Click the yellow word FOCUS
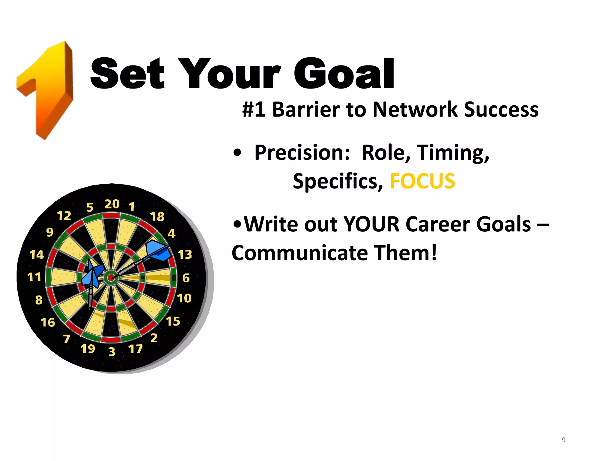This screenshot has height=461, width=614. [422, 181]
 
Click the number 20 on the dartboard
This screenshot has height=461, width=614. [112, 204]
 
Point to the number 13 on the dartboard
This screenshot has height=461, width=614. [185, 255]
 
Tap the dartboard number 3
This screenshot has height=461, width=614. [112, 351]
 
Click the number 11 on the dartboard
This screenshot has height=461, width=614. [34, 277]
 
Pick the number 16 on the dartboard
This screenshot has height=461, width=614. [48, 322]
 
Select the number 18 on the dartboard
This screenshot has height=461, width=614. [157, 216]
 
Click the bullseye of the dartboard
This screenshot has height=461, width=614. [111, 278]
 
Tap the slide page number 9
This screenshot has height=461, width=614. [563, 440]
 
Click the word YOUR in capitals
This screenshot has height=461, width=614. [371, 224]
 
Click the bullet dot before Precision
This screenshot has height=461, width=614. [237, 153]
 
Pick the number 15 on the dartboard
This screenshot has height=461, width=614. [173, 321]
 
